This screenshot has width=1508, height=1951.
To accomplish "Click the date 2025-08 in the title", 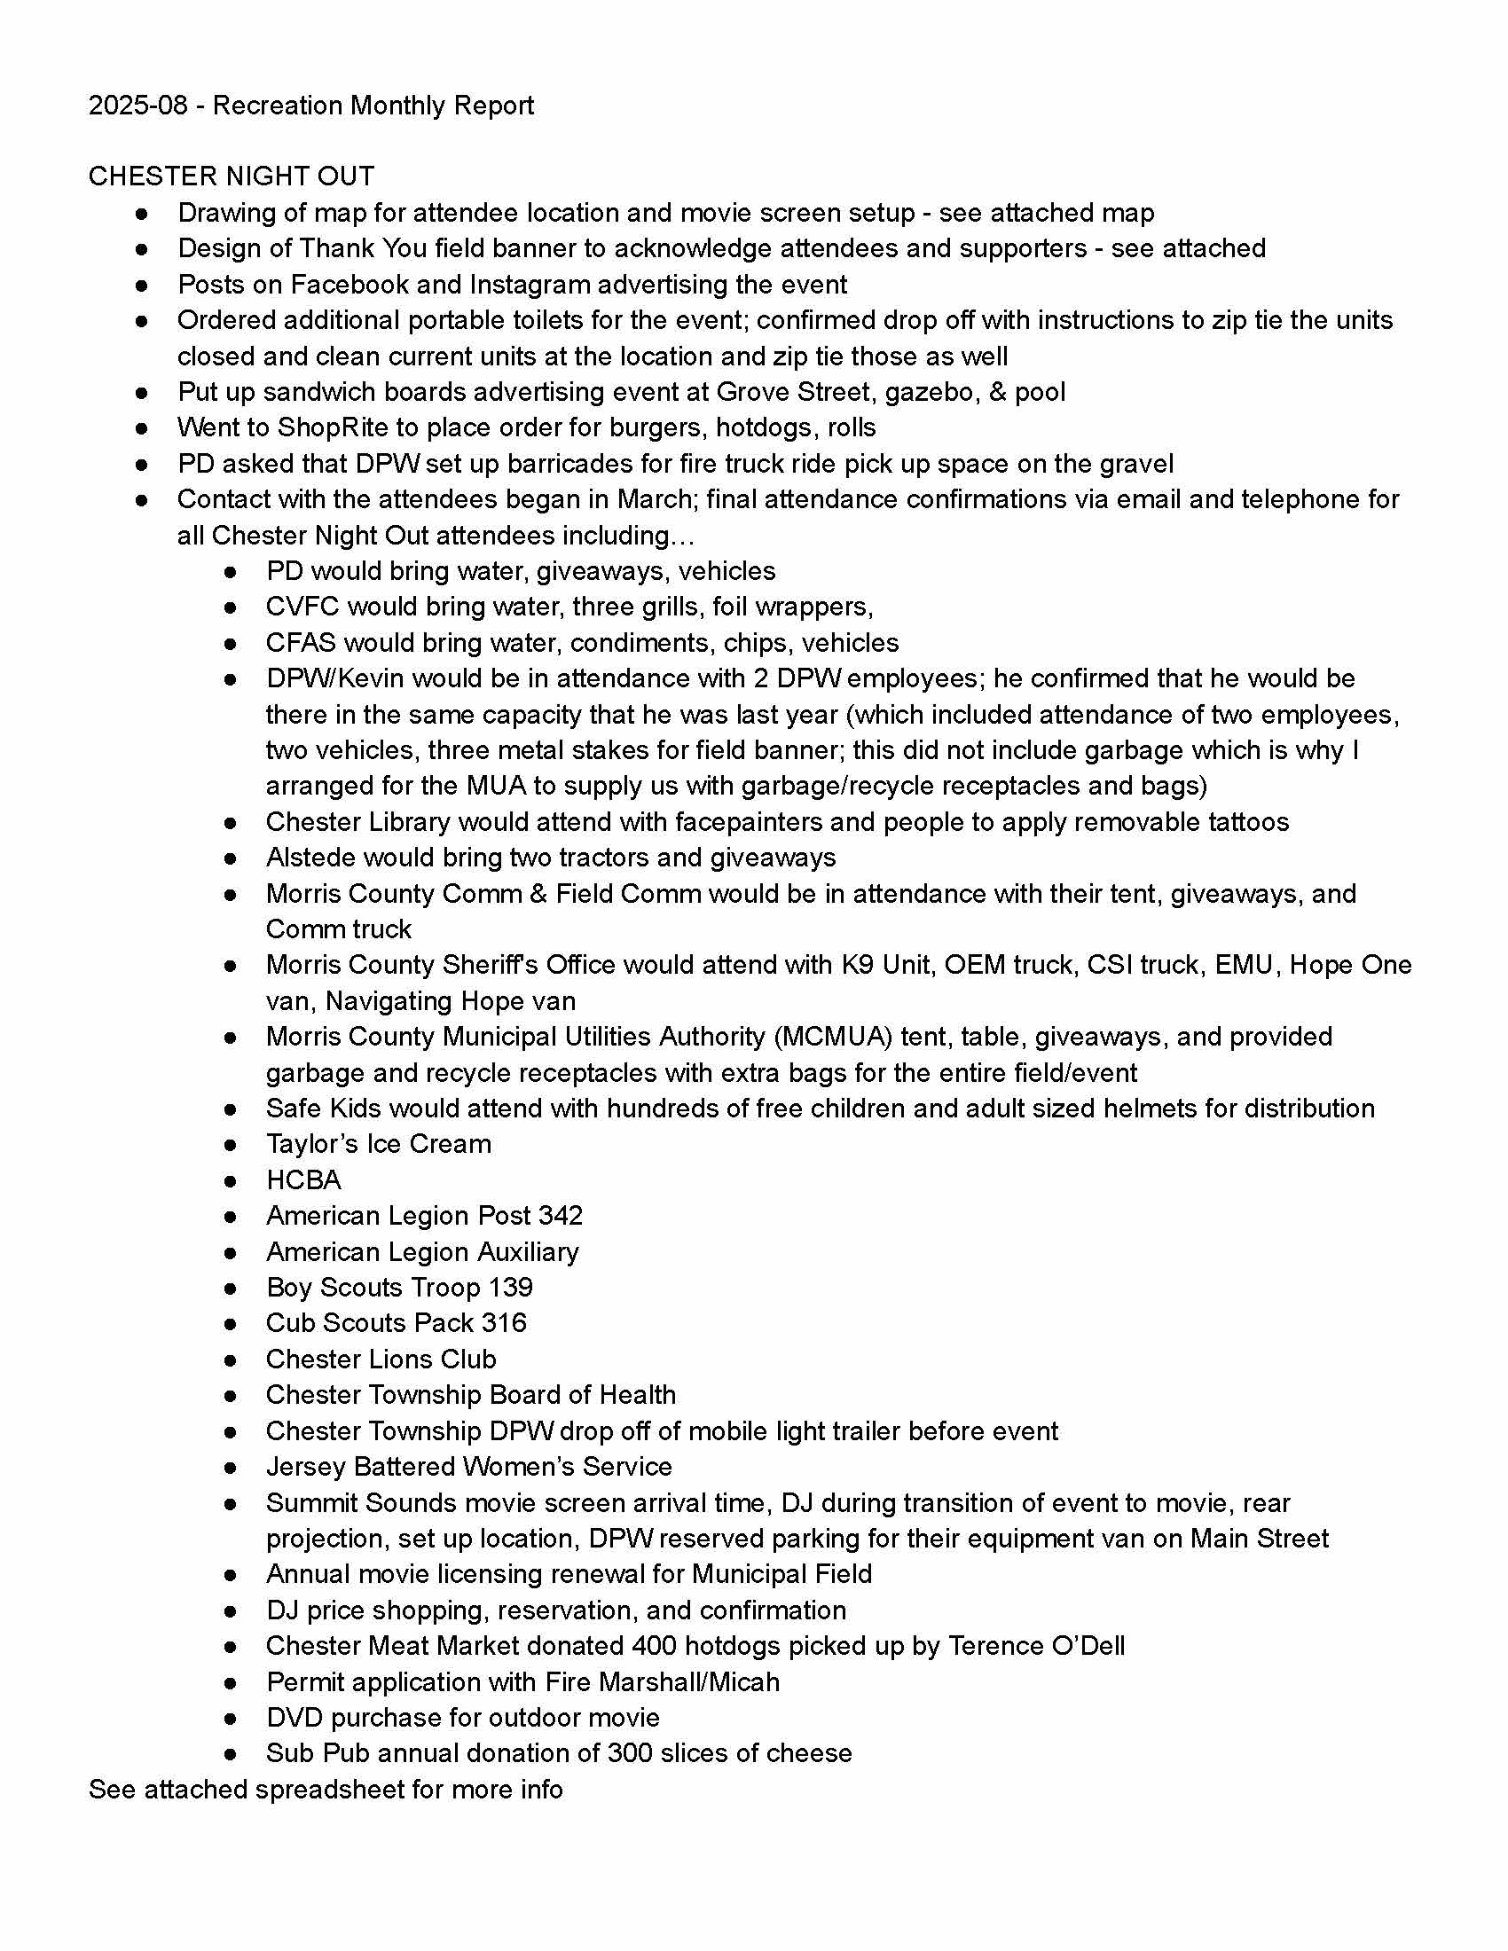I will [x=137, y=106].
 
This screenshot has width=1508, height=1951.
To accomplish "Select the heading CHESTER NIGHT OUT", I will [x=232, y=176].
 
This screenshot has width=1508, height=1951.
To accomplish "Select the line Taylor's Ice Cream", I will [x=378, y=1144].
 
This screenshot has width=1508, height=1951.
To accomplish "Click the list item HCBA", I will [x=302, y=1180].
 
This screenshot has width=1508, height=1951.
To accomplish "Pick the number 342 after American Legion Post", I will [x=560, y=1216].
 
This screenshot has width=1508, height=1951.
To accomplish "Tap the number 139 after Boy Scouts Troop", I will [x=510, y=1288].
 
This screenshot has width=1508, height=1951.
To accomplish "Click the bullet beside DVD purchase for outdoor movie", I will [x=231, y=1718].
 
